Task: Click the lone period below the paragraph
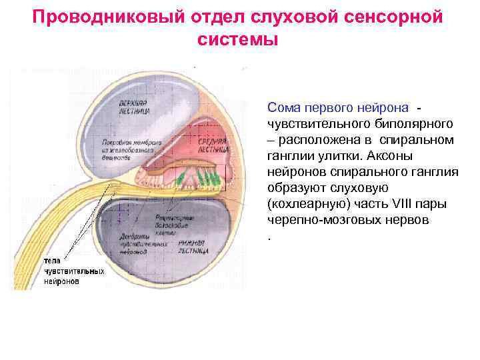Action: pyautogui.click(x=269, y=237)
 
